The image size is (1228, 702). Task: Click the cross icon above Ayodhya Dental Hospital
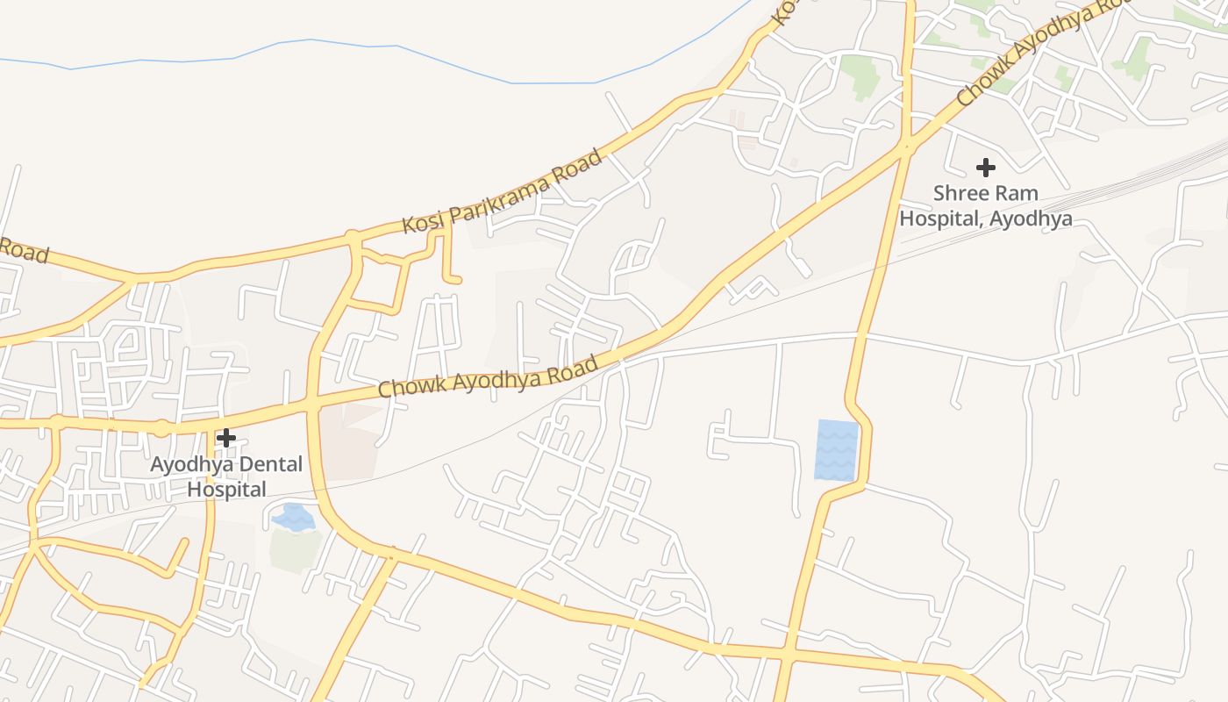point(226,437)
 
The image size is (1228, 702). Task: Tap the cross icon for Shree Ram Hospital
point(986,167)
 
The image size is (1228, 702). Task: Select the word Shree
point(959,193)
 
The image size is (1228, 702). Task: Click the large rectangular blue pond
point(836,450)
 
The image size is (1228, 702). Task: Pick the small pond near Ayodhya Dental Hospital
point(293,517)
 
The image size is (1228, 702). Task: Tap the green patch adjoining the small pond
point(294,548)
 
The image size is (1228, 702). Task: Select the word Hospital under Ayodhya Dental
point(226,490)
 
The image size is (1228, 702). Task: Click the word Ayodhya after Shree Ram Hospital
point(1031,218)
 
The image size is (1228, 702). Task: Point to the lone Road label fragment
point(23,249)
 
